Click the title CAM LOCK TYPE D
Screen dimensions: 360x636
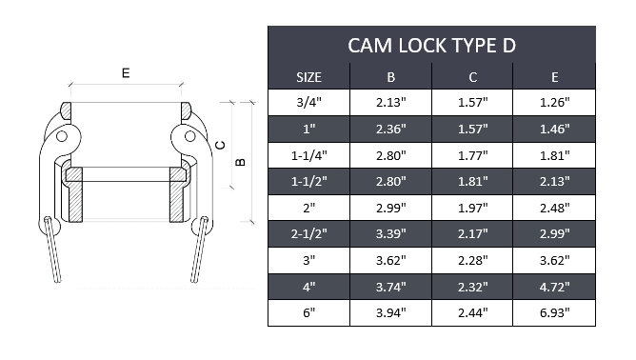pyautogui.click(x=431, y=45)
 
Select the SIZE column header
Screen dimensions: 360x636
pyautogui.click(x=309, y=76)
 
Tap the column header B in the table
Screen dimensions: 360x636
pyautogui.click(x=391, y=76)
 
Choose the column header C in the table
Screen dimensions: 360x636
pyautogui.click(x=472, y=76)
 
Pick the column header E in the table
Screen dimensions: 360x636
pyautogui.click(x=554, y=76)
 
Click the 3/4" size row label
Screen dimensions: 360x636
pyautogui.click(x=309, y=102)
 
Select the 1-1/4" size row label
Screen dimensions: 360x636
pyautogui.click(x=309, y=154)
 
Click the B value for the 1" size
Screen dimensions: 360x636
pyautogui.click(x=391, y=129)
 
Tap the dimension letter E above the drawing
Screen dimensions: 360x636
pyautogui.click(x=125, y=72)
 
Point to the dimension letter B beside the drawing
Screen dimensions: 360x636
pyautogui.click(x=240, y=162)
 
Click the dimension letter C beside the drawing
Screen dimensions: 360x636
pyautogui.click(x=220, y=145)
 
